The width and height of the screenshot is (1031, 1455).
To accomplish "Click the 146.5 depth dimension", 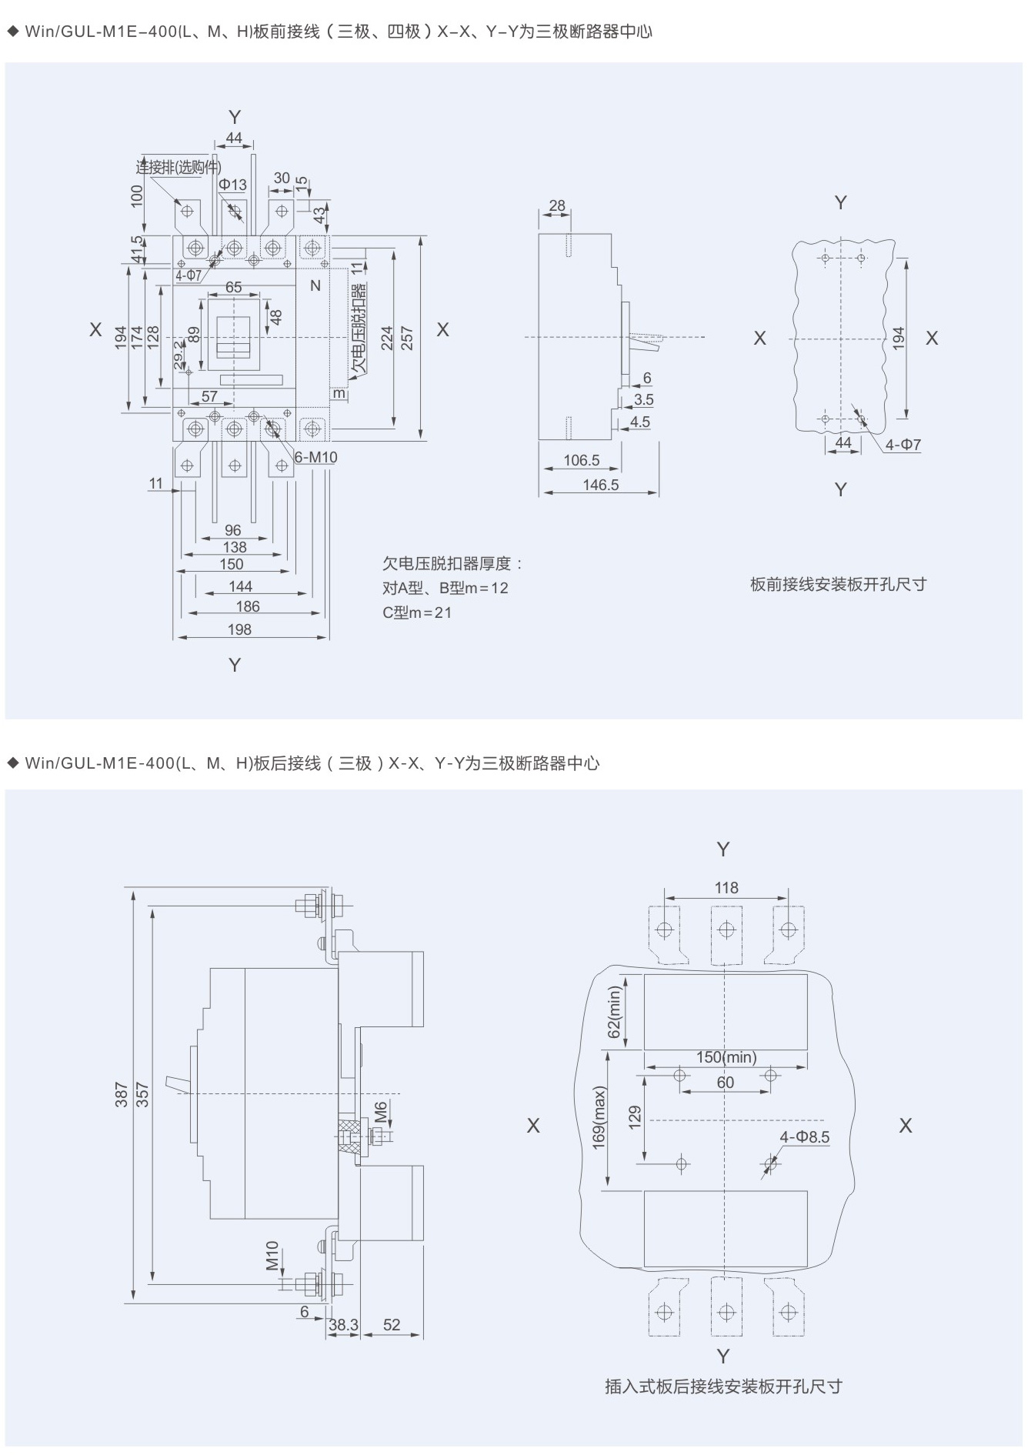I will [x=600, y=485].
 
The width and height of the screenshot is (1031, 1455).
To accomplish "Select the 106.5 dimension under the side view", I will [x=581, y=460].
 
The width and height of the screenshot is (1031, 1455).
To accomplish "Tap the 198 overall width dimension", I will [x=239, y=629].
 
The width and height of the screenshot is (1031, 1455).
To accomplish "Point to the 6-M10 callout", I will [x=316, y=457].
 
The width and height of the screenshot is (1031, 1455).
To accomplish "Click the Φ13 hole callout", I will [x=232, y=185].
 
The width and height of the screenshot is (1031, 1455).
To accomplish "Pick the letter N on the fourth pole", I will [x=315, y=286].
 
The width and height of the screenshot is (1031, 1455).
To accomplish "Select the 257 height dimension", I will [x=408, y=339].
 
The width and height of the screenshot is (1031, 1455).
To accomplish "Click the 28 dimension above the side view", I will [x=557, y=205].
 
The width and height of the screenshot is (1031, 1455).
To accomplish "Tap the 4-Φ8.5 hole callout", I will [x=805, y=1137].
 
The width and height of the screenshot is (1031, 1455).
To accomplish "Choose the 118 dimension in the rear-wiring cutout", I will [x=726, y=888].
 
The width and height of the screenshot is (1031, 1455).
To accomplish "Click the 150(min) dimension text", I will [x=726, y=1057].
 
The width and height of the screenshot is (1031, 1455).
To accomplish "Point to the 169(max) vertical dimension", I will [x=600, y=1118].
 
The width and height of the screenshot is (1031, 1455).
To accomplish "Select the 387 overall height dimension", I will [x=122, y=1095].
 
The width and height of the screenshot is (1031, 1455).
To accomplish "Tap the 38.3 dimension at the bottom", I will [x=343, y=1324].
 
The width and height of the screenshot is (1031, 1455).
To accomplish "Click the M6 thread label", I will [x=381, y=1112].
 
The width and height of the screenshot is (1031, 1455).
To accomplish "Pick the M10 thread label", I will [x=272, y=1256].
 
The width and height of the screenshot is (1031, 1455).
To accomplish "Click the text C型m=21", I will [x=417, y=612].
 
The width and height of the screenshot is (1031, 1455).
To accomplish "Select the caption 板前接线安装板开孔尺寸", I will [x=838, y=584].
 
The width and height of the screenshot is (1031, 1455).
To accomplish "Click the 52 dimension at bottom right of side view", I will [x=392, y=1324].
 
